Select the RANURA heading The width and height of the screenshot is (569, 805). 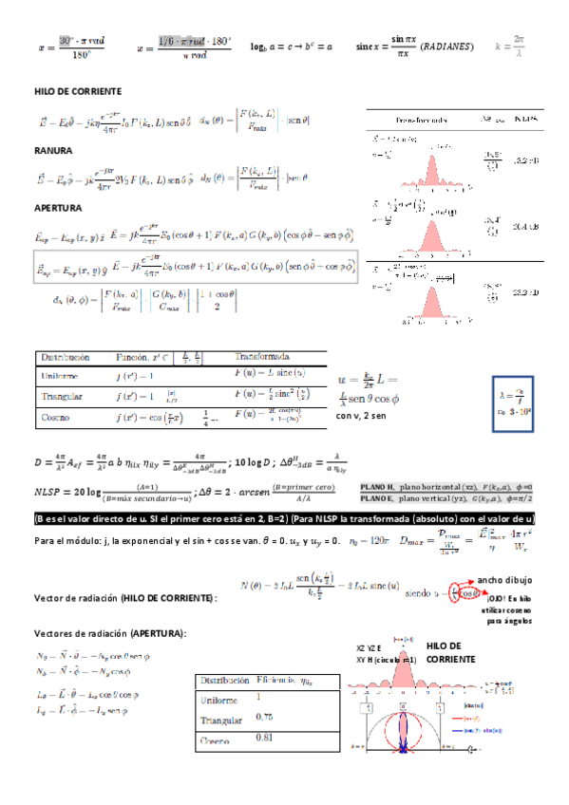(53, 150)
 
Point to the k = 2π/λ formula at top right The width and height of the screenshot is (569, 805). (509, 46)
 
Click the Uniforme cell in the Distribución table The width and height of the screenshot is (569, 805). (60, 377)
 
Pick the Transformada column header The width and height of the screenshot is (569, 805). (260, 357)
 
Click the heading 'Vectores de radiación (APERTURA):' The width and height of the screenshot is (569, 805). (109, 633)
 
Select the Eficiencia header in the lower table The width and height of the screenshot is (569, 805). (278, 681)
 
